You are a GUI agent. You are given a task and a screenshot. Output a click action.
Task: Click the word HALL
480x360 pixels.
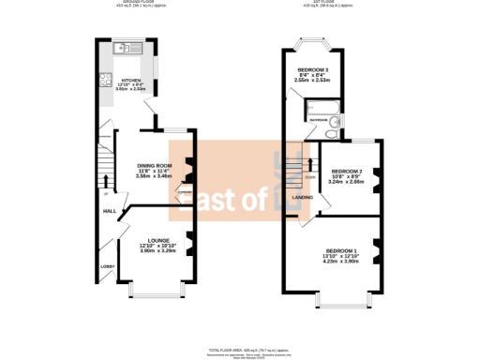109,211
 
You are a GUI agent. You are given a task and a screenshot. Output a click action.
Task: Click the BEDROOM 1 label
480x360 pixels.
342,250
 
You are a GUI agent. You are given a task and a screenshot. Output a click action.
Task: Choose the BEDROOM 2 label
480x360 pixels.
347,171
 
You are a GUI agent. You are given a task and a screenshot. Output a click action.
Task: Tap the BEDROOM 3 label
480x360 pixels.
313,70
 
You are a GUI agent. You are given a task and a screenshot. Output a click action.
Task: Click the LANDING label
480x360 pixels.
303,197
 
